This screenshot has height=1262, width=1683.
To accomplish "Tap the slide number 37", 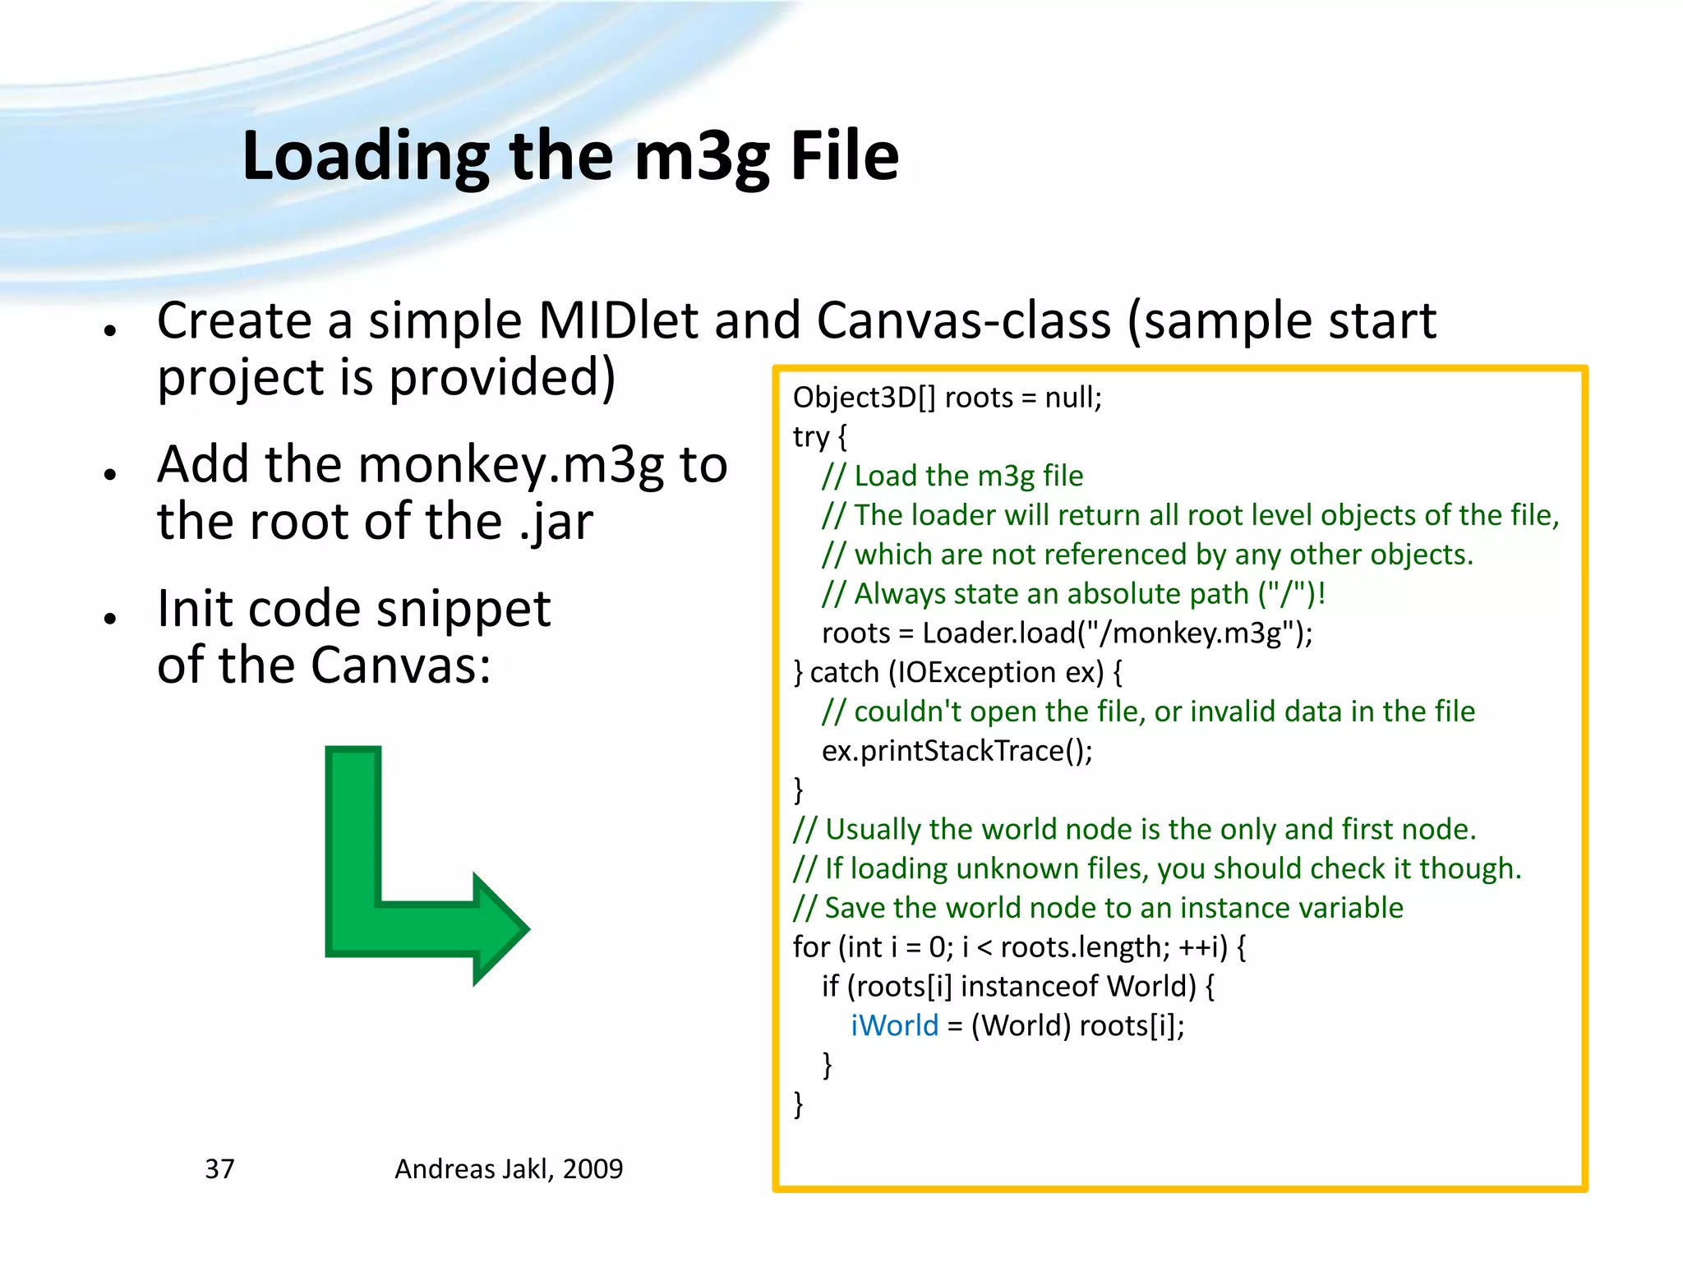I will [219, 1168].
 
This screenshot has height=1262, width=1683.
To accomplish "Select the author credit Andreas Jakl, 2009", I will [509, 1168].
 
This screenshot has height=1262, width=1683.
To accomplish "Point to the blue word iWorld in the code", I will [894, 1025].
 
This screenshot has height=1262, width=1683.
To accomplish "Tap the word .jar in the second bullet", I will [556, 523].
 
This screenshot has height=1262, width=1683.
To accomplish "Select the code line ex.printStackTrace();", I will [957, 751].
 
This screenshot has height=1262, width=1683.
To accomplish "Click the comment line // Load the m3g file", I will [952, 476].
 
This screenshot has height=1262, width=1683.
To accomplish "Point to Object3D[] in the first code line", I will [864, 398].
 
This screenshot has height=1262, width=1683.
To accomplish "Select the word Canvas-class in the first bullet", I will [963, 320].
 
